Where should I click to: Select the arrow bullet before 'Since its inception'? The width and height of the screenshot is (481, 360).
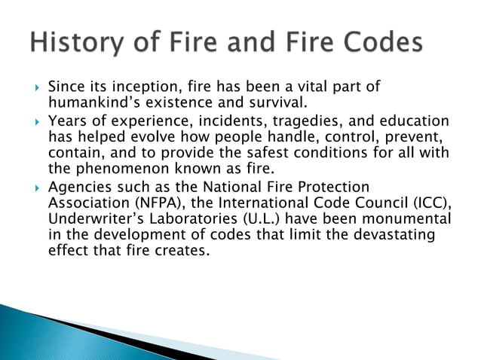[x=36, y=88]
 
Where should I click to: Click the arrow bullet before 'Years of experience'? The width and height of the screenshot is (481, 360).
[x=36, y=121]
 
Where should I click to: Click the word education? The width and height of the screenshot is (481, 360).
[x=413, y=121]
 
